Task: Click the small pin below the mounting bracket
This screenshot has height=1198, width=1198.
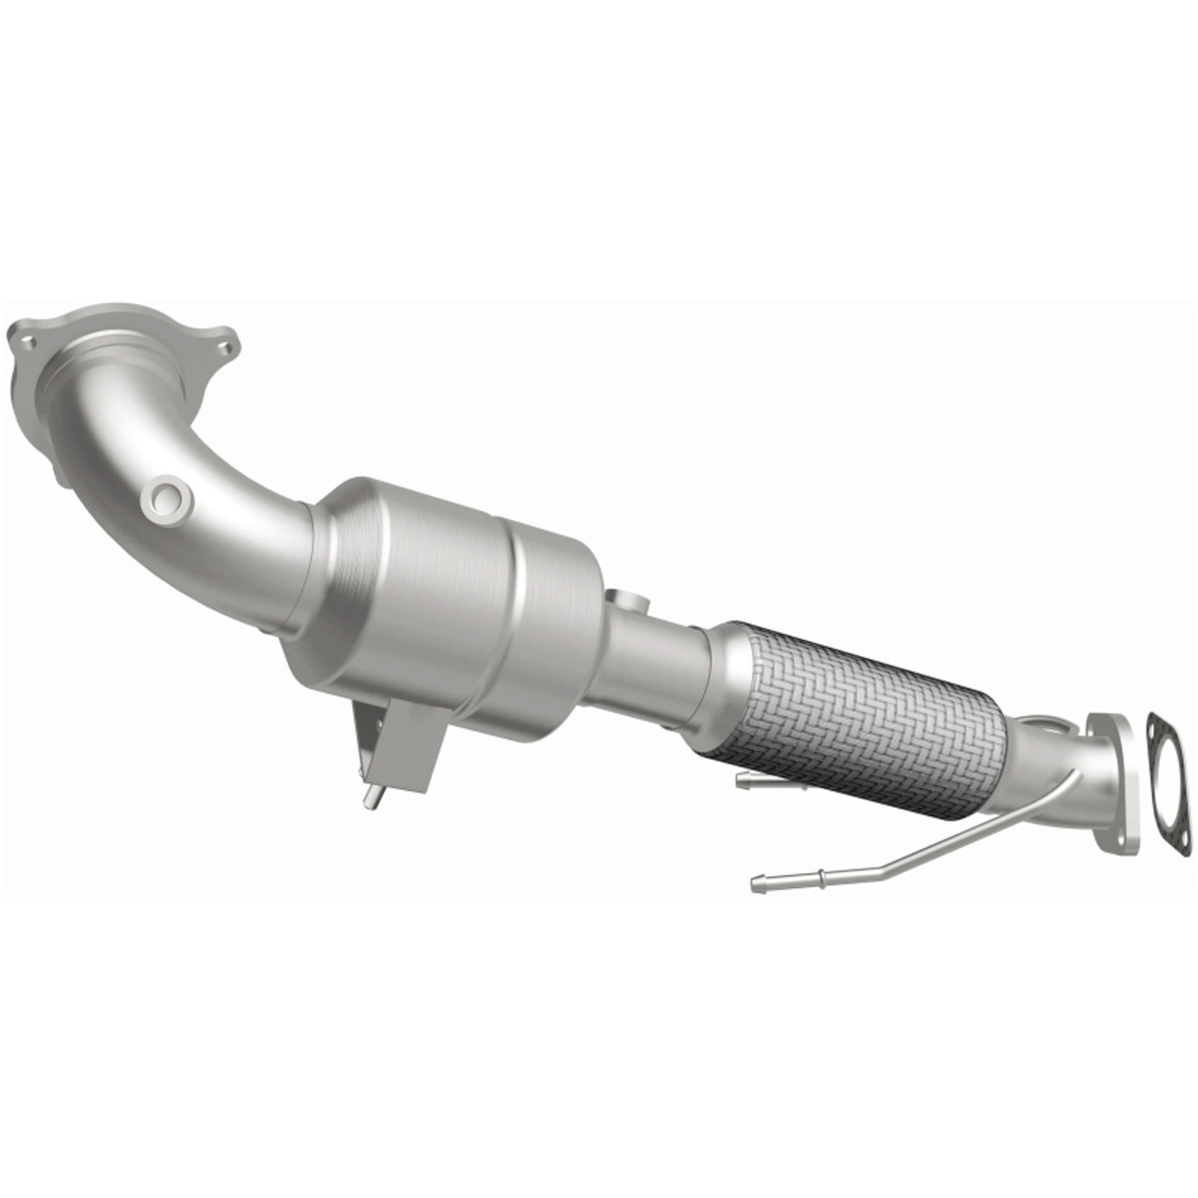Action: tap(373, 797)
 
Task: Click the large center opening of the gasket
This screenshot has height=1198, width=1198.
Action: tap(1169, 784)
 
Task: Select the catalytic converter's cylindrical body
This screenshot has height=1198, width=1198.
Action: tap(449, 599)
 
